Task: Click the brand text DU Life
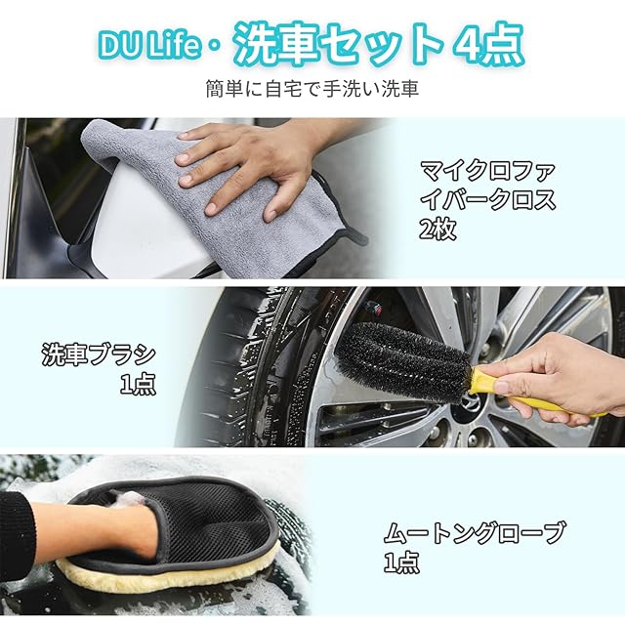149,46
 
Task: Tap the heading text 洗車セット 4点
378,45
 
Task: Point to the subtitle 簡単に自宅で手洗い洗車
312,89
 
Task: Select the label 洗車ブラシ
99,354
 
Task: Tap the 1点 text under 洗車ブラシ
138,385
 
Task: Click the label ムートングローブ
475,533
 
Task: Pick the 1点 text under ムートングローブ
401,562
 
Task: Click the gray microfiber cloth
224,199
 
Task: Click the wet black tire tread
239,367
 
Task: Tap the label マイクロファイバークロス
487,185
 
